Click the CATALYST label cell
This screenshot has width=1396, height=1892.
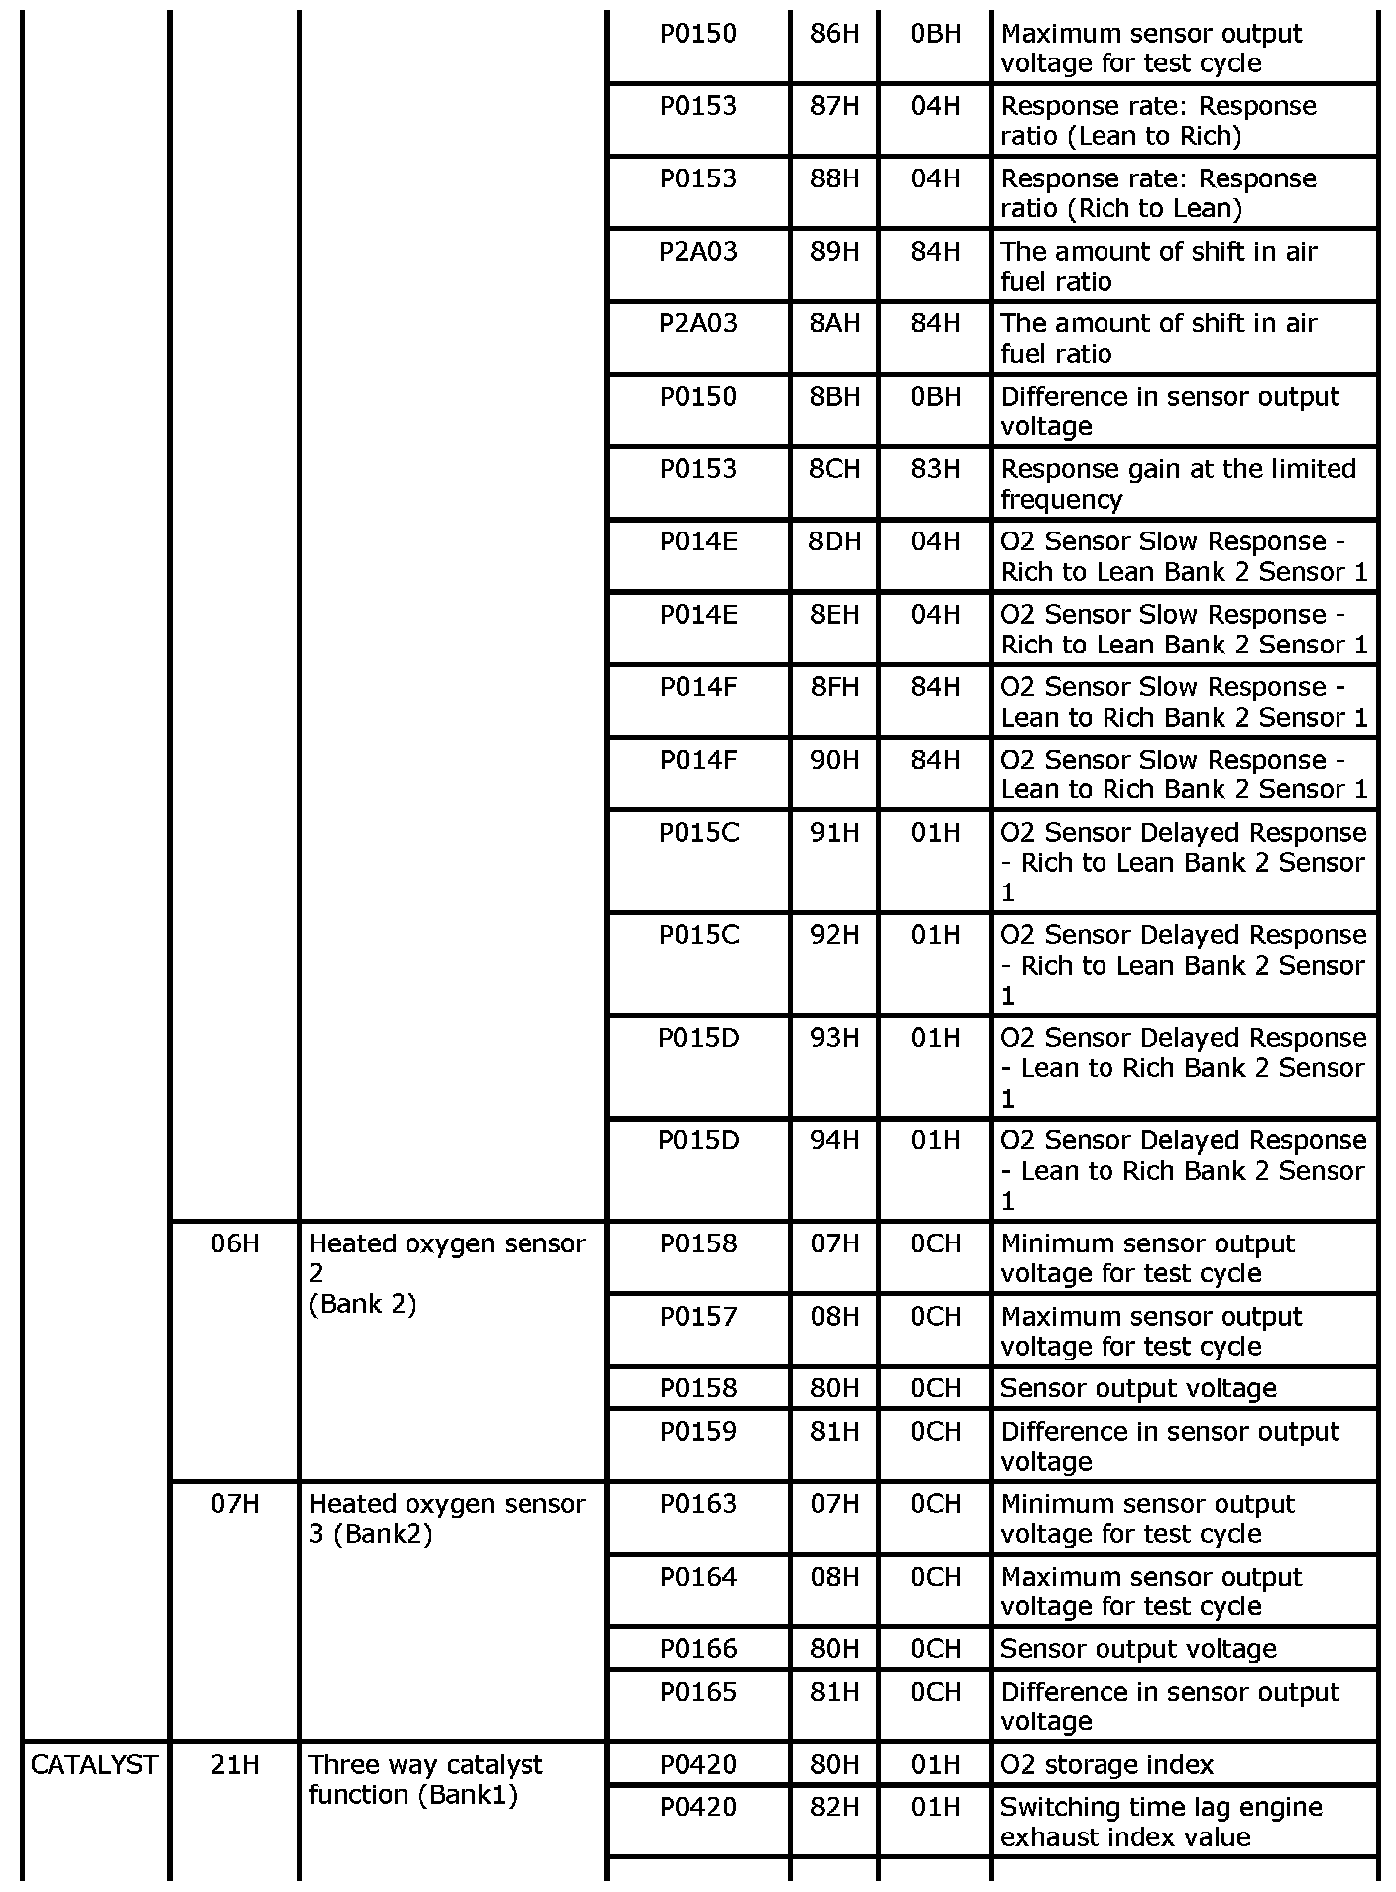(x=94, y=1765)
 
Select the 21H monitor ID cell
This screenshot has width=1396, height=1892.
(x=235, y=1765)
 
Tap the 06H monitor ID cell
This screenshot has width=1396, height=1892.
(x=235, y=1243)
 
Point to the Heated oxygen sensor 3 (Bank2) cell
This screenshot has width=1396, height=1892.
(x=447, y=1519)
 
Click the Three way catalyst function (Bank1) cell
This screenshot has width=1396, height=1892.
(x=426, y=1780)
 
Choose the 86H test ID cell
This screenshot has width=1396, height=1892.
(x=834, y=34)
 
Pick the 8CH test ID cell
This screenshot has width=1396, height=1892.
(x=834, y=469)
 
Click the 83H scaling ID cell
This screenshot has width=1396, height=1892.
(x=935, y=469)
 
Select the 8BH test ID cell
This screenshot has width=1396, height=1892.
(x=834, y=397)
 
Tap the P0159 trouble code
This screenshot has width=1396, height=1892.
(x=699, y=1432)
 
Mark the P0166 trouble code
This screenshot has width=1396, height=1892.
(x=699, y=1649)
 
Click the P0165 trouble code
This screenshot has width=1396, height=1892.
(x=699, y=1692)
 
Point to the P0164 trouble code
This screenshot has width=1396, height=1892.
(x=699, y=1577)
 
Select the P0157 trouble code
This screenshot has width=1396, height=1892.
(x=699, y=1317)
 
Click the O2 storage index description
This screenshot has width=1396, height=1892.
(x=1106, y=1765)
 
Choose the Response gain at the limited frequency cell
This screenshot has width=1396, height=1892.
(x=1178, y=484)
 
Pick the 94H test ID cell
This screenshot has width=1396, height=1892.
(x=834, y=1141)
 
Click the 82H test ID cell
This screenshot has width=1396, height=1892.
(x=834, y=1807)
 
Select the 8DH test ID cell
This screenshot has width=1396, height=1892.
(x=834, y=542)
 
